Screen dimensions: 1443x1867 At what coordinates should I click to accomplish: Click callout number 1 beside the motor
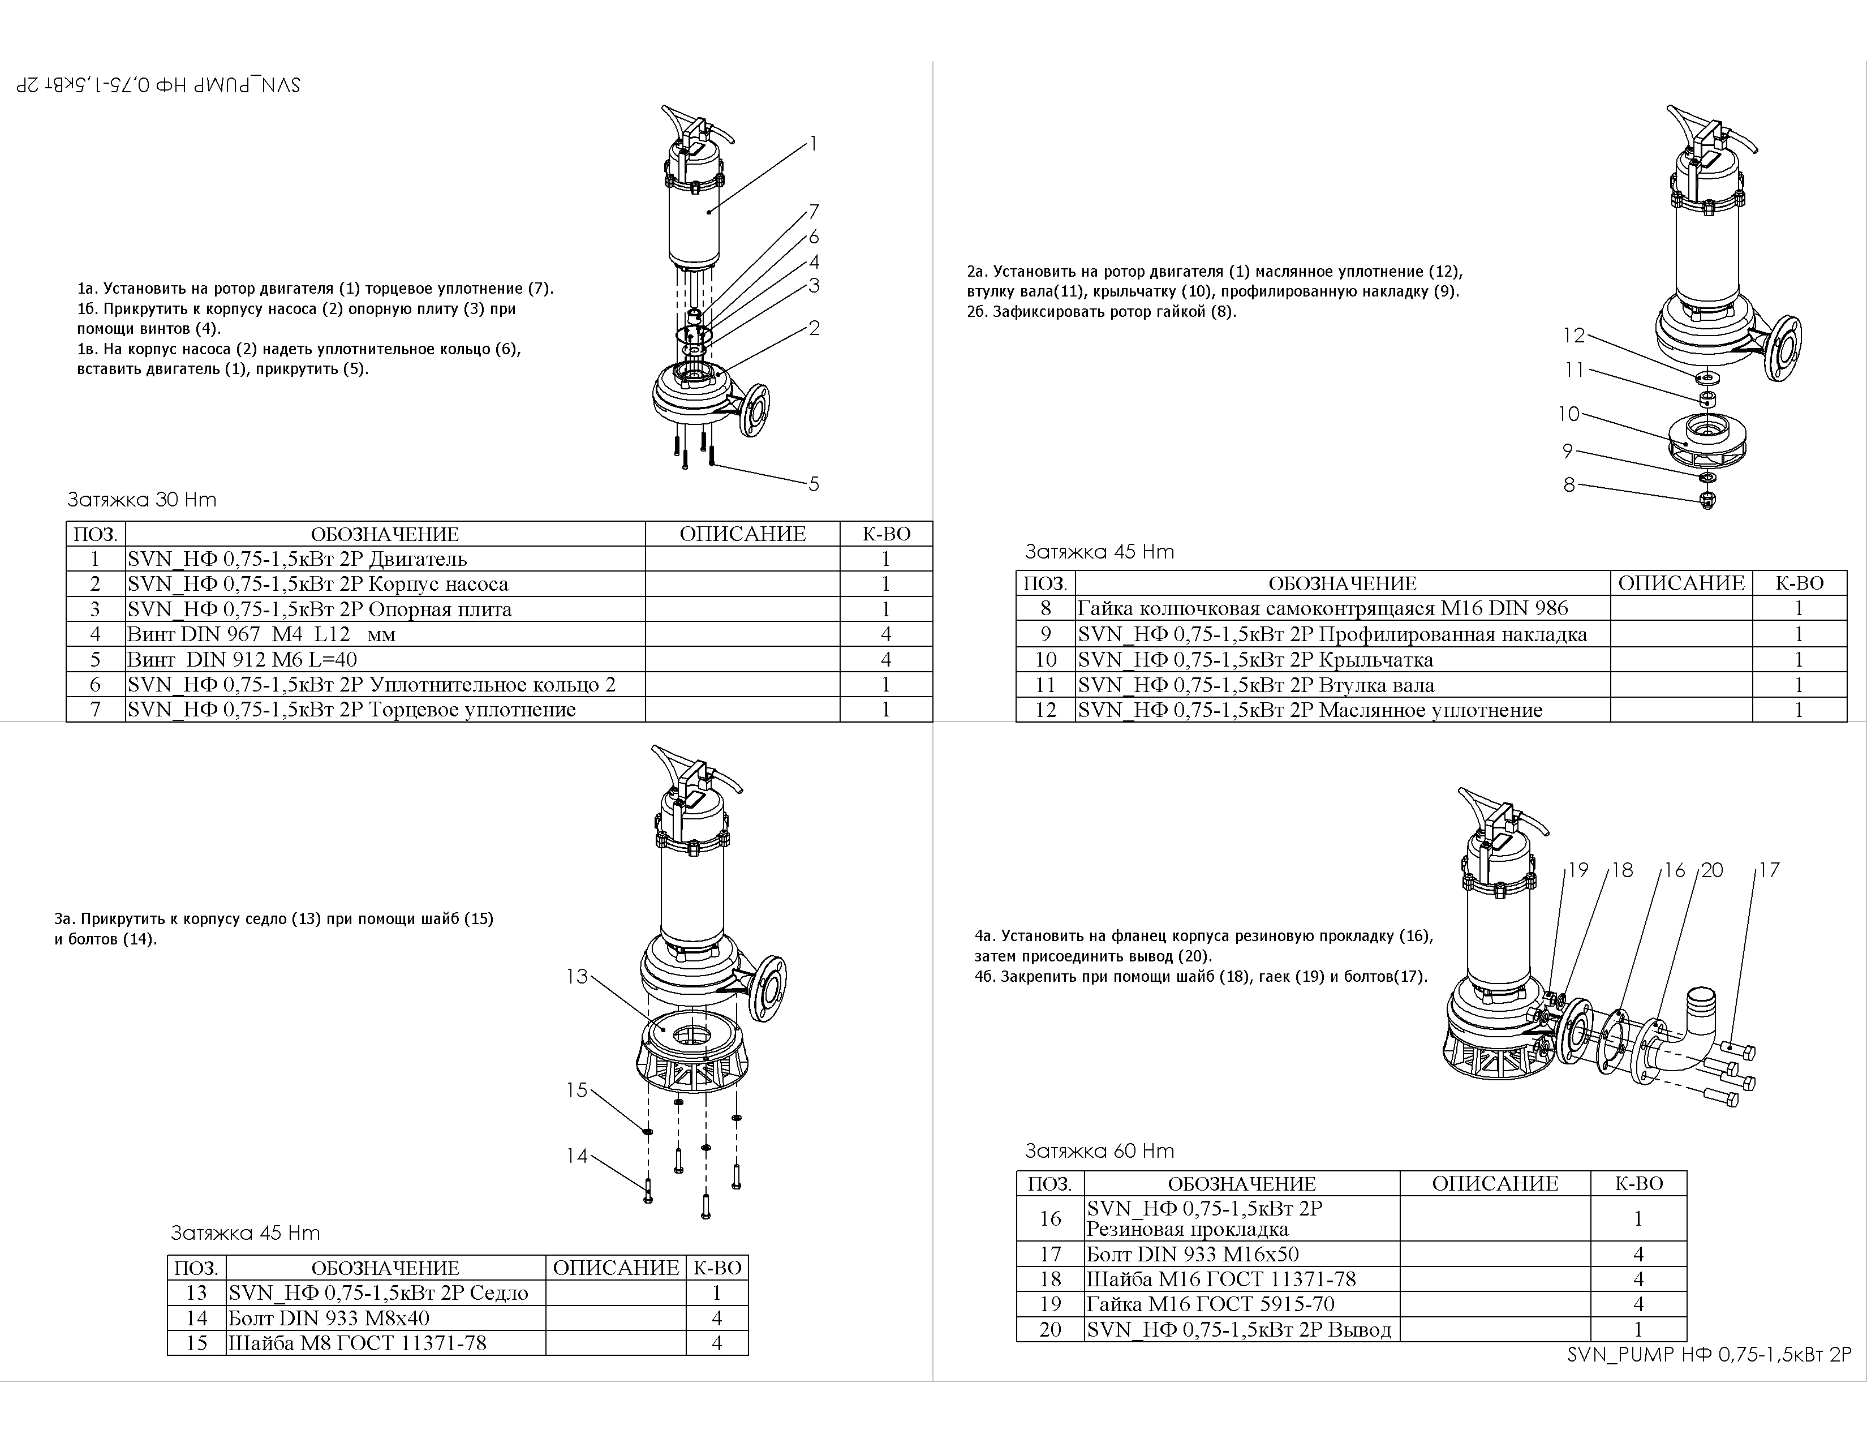click(x=813, y=144)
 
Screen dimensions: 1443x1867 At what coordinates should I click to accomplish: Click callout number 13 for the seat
click(x=577, y=976)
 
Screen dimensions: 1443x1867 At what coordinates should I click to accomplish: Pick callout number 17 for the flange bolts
click(x=1769, y=870)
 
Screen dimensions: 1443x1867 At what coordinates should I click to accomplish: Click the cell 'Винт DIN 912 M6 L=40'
click(x=385, y=659)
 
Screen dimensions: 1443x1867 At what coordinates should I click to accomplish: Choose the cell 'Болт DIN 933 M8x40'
click(x=385, y=1318)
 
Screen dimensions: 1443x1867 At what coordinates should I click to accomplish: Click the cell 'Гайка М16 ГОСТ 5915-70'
click(x=1241, y=1304)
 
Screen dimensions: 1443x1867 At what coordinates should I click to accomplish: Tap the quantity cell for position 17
click(x=1638, y=1254)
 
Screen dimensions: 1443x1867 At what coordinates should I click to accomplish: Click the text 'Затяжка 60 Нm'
click(x=1099, y=1150)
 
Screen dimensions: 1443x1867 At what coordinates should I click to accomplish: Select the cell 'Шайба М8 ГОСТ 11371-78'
click(x=385, y=1343)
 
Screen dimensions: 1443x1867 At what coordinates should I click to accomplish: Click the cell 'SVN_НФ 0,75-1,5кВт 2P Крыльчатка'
click(x=1342, y=660)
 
